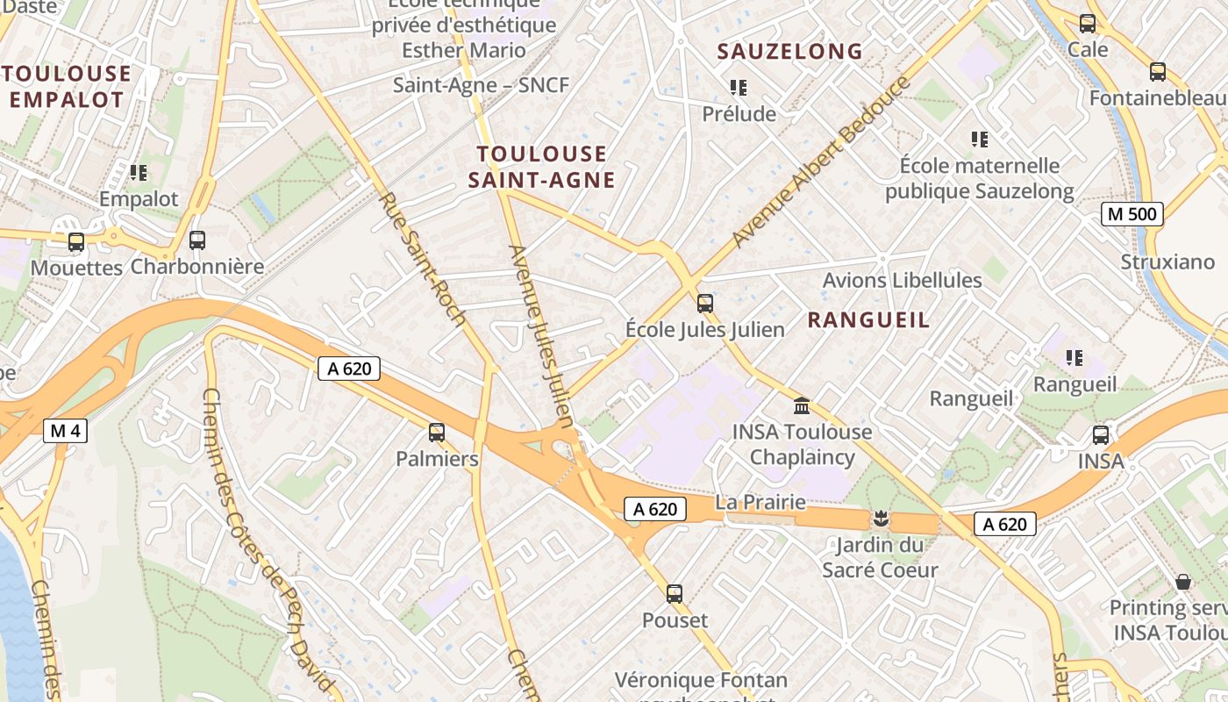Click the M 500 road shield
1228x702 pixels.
coord(1132,214)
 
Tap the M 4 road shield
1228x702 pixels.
coord(66,430)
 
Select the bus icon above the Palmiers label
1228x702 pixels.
coord(437,432)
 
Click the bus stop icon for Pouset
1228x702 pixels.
coord(675,594)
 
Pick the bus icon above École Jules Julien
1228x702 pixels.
coord(704,304)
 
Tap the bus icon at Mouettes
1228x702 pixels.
coord(76,241)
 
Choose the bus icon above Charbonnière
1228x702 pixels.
coord(197,240)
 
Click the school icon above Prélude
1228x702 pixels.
coord(739,88)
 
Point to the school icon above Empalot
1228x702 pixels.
coord(138,173)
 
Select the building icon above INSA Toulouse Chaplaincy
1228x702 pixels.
coord(801,405)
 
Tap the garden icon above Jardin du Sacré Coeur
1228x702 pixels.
coord(881,519)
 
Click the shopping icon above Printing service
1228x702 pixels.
coord(1183,581)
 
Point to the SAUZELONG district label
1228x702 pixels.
coord(790,52)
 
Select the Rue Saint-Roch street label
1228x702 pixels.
coord(422,259)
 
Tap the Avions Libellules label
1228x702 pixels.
coord(902,280)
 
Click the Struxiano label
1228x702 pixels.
coord(1167,261)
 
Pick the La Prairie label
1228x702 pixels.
coord(760,502)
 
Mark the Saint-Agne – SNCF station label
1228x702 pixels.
coord(481,85)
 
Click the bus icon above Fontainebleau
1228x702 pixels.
coord(1158,72)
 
